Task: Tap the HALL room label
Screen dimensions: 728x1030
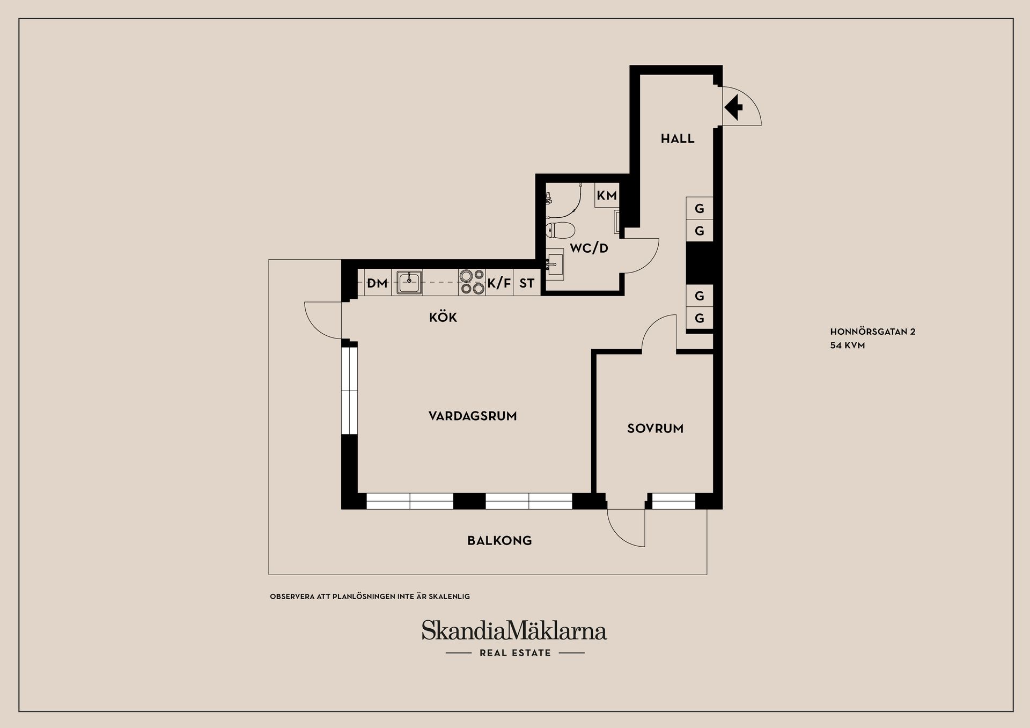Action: [x=678, y=139]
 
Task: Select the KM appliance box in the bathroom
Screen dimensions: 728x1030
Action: [x=607, y=195]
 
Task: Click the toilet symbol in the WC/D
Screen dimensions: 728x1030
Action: [x=559, y=230]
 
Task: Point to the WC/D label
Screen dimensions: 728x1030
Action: [x=589, y=248]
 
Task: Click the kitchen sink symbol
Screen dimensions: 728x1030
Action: [x=409, y=282]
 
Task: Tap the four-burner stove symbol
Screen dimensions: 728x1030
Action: [x=472, y=282]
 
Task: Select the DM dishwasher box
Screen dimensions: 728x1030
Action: [x=377, y=283]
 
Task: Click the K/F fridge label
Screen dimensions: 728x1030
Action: [x=499, y=283]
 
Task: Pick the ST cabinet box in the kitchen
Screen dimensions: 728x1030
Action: [x=527, y=283]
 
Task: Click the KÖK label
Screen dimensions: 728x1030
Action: [x=443, y=318]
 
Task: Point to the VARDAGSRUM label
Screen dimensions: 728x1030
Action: [x=473, y=416]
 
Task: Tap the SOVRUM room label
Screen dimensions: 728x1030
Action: [x=656, y=429]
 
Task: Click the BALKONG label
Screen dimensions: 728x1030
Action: [x=499, y=541]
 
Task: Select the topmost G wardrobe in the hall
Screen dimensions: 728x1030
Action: [x=700, y=208]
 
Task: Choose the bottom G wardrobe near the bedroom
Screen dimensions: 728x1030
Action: [x=700, y=318]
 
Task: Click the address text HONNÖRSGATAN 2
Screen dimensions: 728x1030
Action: [x=873, y=332]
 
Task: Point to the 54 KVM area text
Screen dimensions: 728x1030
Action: [x=848, y=346]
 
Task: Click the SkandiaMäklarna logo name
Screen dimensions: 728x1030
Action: [x=514, y=631]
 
